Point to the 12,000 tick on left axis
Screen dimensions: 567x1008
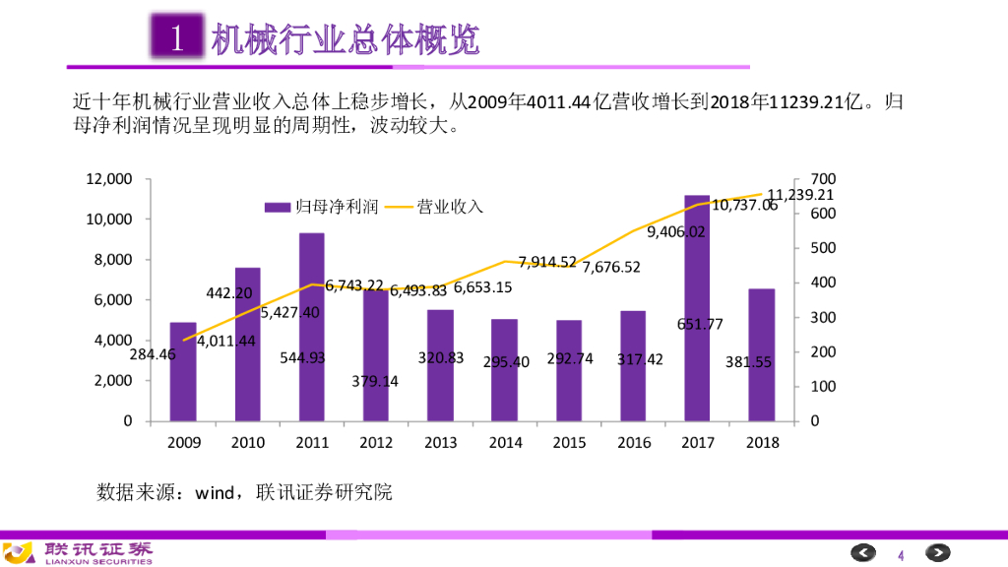point(108,179)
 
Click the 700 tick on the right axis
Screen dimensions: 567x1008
point(823,179)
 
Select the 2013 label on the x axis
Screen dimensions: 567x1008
point(440,442)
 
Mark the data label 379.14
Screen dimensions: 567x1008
point(375,381)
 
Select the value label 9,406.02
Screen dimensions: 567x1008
point(676,232)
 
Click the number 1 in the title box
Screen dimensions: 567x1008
point(177,39)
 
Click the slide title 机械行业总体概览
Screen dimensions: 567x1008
point(346,39)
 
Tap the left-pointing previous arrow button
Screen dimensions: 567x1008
point(863,552)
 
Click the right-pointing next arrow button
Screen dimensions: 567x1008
point(937,552)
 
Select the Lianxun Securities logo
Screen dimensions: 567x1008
point(79,552)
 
